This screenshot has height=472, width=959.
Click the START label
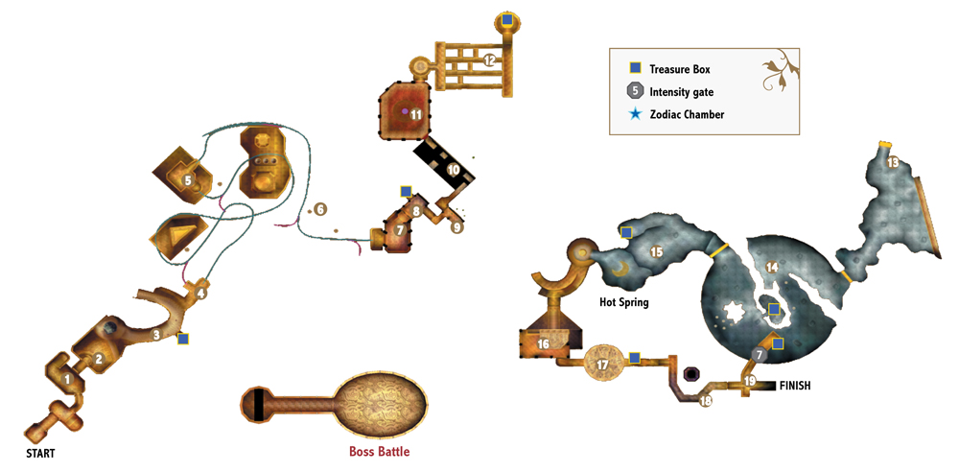pos(40,454)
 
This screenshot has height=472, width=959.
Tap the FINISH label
pos(794,386)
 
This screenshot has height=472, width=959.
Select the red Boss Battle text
pos(379,453)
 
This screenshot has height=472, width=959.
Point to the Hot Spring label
pos(624,302)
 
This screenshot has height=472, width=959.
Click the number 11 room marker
pos(416,114)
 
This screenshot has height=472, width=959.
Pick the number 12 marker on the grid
pos(489,60)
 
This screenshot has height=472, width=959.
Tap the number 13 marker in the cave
pos(893,163)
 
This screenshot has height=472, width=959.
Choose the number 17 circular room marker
pos(603,365)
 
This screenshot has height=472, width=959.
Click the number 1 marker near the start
pos(67,380)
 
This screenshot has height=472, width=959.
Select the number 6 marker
pos(320,209)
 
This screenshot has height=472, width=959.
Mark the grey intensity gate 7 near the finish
pos(759,354)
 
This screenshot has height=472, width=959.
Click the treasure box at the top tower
pos(507,19)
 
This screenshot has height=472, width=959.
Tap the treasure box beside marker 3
pos(183,339)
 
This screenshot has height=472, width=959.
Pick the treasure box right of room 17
pos(635,357)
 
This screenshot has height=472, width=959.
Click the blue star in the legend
pos(636,114)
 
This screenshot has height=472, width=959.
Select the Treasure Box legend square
pos(636,69)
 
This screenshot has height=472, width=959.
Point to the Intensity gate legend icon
pos(636,92)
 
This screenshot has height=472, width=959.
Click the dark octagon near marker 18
pos(692,373)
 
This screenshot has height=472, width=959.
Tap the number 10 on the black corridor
pos(454,169)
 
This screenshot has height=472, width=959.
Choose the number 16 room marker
pos(543,344)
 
